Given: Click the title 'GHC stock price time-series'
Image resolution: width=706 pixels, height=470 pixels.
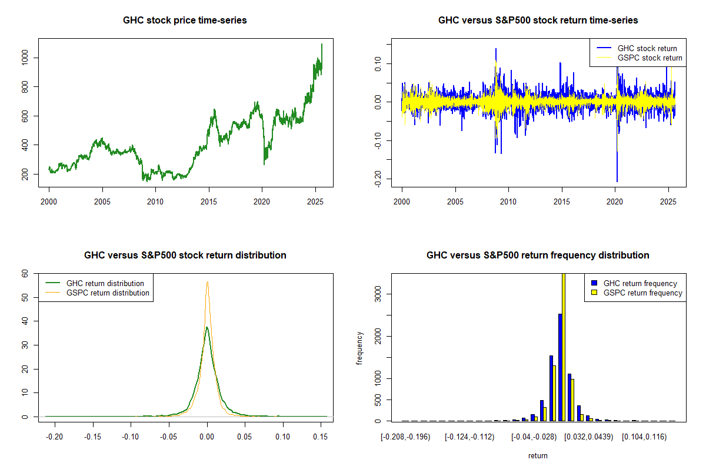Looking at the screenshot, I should (x=185, y=21).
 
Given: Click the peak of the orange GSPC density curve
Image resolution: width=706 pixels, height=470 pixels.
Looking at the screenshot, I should (x=207, y=283).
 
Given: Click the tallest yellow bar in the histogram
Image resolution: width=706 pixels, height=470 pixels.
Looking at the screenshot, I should (x=563, y=347).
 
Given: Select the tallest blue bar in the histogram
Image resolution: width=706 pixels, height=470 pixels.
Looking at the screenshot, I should (x=560, y=367).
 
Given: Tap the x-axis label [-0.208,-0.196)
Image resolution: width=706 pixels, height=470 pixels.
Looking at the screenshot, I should (x=406, y=437).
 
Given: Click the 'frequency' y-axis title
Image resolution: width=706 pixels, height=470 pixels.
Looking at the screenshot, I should (x=359, y=347).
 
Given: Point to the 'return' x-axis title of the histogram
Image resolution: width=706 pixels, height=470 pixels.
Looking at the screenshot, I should (x=538, y=455).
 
